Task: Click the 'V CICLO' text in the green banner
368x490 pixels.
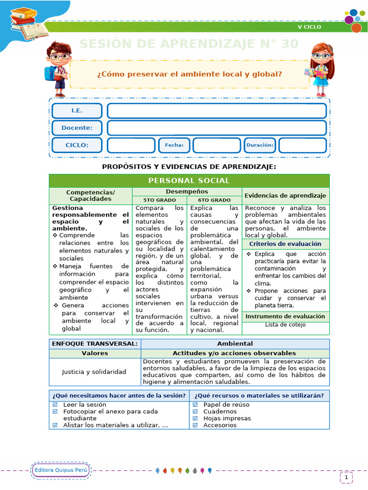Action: click(310, 27)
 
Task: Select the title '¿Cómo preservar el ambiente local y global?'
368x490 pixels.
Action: click(189, 74)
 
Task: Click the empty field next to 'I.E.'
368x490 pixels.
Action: click(217, 111)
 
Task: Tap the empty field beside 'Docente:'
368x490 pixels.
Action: click(217, 128)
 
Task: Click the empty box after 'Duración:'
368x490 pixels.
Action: click(302, 145)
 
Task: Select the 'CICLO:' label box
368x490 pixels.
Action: click(77, 145)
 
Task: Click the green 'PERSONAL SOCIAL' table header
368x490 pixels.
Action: click(189, 180)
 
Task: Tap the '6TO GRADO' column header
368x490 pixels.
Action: click(214, 200)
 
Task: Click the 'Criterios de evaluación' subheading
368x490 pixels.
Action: click(286, 244)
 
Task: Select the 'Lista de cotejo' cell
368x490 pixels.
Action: click(286, 325)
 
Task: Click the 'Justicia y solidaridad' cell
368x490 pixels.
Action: click(94, 372)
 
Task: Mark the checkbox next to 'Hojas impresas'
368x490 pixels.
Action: click(195, 418)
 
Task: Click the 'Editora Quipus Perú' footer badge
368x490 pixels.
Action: click(60, 470)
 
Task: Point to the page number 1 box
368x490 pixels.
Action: click(346, 477)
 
